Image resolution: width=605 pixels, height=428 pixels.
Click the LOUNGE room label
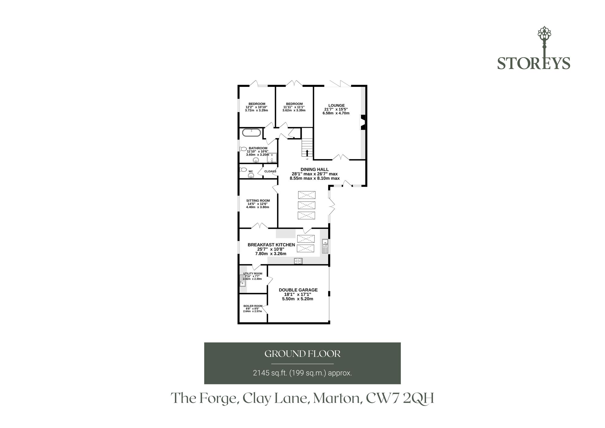tap(336, 105)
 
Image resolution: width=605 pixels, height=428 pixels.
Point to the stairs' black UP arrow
tap(307, 153)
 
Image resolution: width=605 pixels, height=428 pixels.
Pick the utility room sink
tap(243, 281)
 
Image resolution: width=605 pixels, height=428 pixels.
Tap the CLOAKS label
tap(270, 171)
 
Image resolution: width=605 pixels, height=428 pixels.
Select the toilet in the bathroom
tap(243, 149)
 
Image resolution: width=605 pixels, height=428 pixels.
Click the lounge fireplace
tap(363, 122)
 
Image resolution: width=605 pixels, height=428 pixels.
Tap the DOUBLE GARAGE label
tap(298, 290)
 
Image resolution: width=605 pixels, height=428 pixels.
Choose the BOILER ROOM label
tap(253, 306)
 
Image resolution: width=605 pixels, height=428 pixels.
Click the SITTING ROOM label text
tap(258, 200)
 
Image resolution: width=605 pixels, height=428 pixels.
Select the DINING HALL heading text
tap(315, 170)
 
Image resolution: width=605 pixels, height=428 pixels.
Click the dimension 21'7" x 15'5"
tap(336, 109)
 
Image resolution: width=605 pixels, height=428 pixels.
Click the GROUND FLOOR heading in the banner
tap(302, 354)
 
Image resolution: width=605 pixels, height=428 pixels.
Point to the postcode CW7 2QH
tap(400, 399)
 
